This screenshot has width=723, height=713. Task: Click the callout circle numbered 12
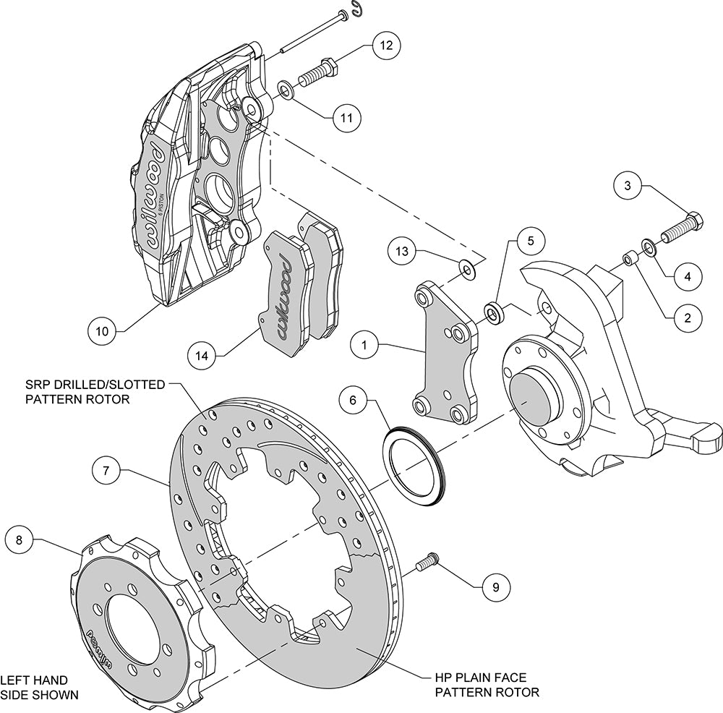click(387, 46)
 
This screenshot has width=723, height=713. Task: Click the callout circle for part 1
click(365, 346)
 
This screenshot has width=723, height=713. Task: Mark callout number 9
click(495, 586)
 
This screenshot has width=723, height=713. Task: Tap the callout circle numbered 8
click(19, 539)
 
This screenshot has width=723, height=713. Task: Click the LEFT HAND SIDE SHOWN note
click(39, 687)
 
